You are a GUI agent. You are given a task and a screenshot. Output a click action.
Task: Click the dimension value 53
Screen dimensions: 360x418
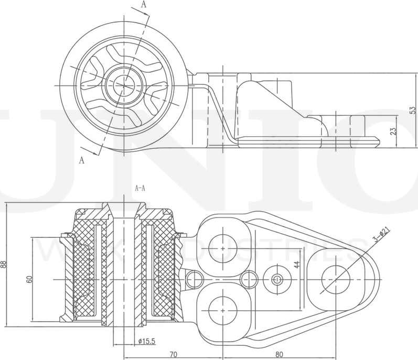click(413, 110)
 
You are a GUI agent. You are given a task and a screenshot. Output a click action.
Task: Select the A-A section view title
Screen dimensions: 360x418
click(140, 187)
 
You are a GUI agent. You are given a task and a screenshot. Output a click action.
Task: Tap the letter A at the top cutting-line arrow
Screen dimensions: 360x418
click(144, 5)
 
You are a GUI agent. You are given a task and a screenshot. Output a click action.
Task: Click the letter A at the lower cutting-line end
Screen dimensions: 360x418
click(82, 161)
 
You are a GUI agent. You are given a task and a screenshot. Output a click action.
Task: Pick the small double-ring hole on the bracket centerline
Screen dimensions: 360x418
click(277, 278)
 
